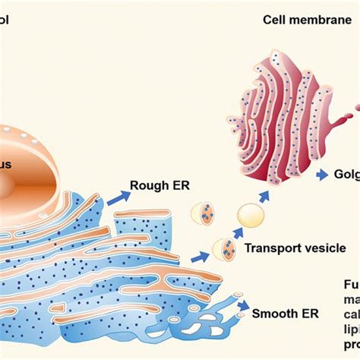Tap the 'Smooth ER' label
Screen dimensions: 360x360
(285, 313)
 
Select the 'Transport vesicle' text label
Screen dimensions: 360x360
(295, 248)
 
